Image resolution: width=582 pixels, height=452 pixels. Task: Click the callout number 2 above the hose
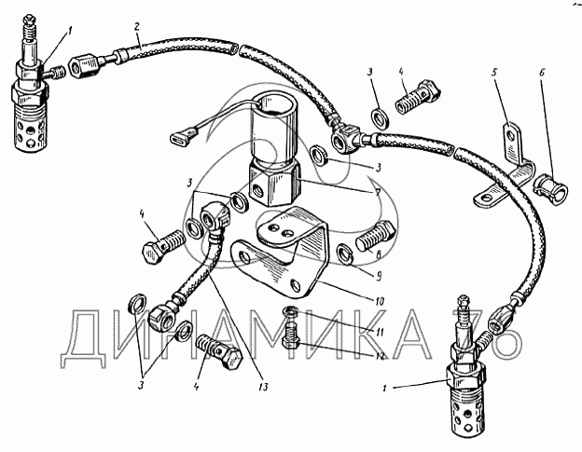click(136, 27)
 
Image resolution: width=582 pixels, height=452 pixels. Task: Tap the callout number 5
click(494, 72)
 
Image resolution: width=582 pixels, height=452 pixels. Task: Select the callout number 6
click(542, 73)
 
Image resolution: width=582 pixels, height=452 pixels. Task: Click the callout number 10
click(379, 301)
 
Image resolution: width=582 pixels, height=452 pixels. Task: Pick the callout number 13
click(263, 387)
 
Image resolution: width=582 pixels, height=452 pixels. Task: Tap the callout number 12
click(380, 356)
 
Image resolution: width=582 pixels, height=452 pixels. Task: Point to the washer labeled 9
click(344, 256)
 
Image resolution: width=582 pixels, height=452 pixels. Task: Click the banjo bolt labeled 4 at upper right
click(417, 96)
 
